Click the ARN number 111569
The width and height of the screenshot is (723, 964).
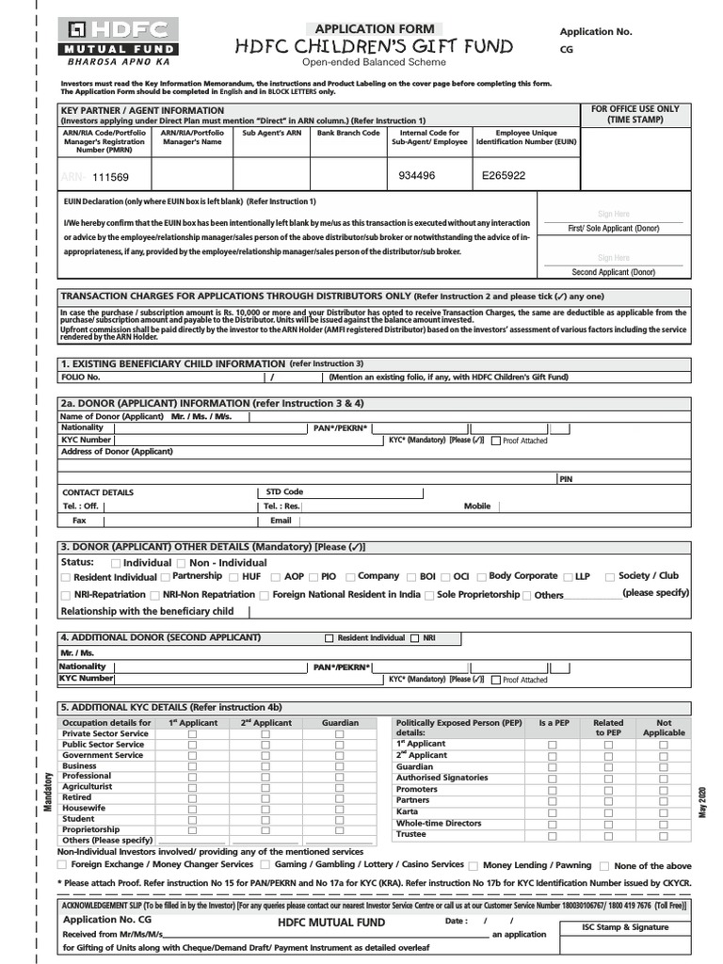tap(110, 177)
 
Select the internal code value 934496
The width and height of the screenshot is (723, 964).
tap(417, 175)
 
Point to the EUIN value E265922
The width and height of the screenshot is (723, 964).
tap(504, 175)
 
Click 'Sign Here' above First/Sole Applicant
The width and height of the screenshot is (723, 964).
tap(613, 215)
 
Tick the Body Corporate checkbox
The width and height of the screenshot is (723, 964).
tap(481, 577)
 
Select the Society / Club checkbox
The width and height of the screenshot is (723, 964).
tap(610, 577)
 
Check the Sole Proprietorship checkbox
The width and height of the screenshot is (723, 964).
tap(429, 596)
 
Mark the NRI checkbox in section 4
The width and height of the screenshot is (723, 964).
tap(415, 638)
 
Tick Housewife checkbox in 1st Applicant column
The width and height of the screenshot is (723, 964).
tap(192, 809)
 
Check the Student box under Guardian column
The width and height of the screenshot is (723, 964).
tap(341, 820)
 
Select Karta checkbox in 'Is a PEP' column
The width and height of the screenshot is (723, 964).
tap(553, 811)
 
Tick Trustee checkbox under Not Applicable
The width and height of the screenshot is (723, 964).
tap(664, 834)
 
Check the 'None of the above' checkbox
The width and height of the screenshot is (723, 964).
tap(604, 866)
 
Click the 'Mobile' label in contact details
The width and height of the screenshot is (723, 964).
tap(477, 506)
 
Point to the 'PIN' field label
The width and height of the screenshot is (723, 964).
tap(566, 479)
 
